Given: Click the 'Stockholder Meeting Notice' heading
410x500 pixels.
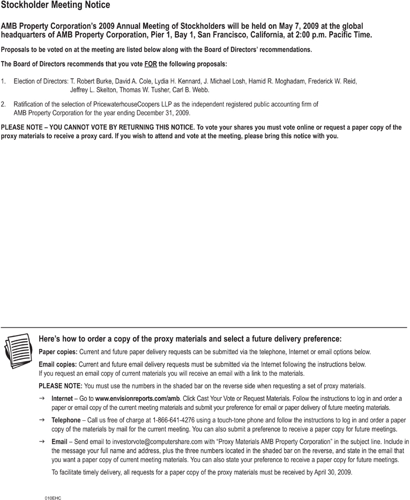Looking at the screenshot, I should (56, 5).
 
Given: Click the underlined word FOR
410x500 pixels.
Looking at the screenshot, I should (151, 65).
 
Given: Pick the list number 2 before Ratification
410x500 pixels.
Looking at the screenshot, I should (4, 105).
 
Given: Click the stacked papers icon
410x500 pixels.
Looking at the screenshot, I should (18, 350).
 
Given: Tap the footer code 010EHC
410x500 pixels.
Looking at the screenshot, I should (53, 498).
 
